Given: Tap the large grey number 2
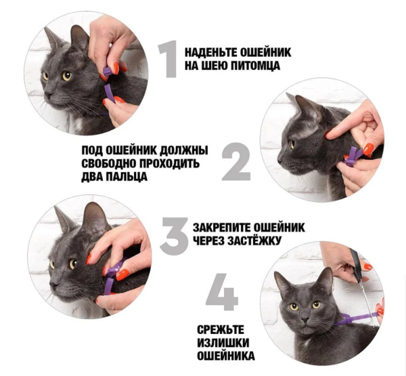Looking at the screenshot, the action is coord(236,161).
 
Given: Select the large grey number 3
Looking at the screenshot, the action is coord(174,236).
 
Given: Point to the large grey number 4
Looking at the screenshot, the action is coord(221,292).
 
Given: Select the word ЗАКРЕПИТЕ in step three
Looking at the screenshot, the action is coord(222,228).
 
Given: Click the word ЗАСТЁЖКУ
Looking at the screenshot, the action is coord(254,241).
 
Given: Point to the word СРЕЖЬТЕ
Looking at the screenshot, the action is coord(221,330).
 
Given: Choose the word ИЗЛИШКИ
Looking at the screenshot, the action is coord(223,343).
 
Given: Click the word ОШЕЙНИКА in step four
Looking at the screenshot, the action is coord(226,356).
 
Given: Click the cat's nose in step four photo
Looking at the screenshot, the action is coord(306,318).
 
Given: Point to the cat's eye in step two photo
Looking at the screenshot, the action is coord(292,144).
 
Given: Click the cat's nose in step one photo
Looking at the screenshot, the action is coord(49,94).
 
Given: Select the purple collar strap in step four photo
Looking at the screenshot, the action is coord(355,317).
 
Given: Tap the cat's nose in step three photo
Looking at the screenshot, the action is coord(53,285).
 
